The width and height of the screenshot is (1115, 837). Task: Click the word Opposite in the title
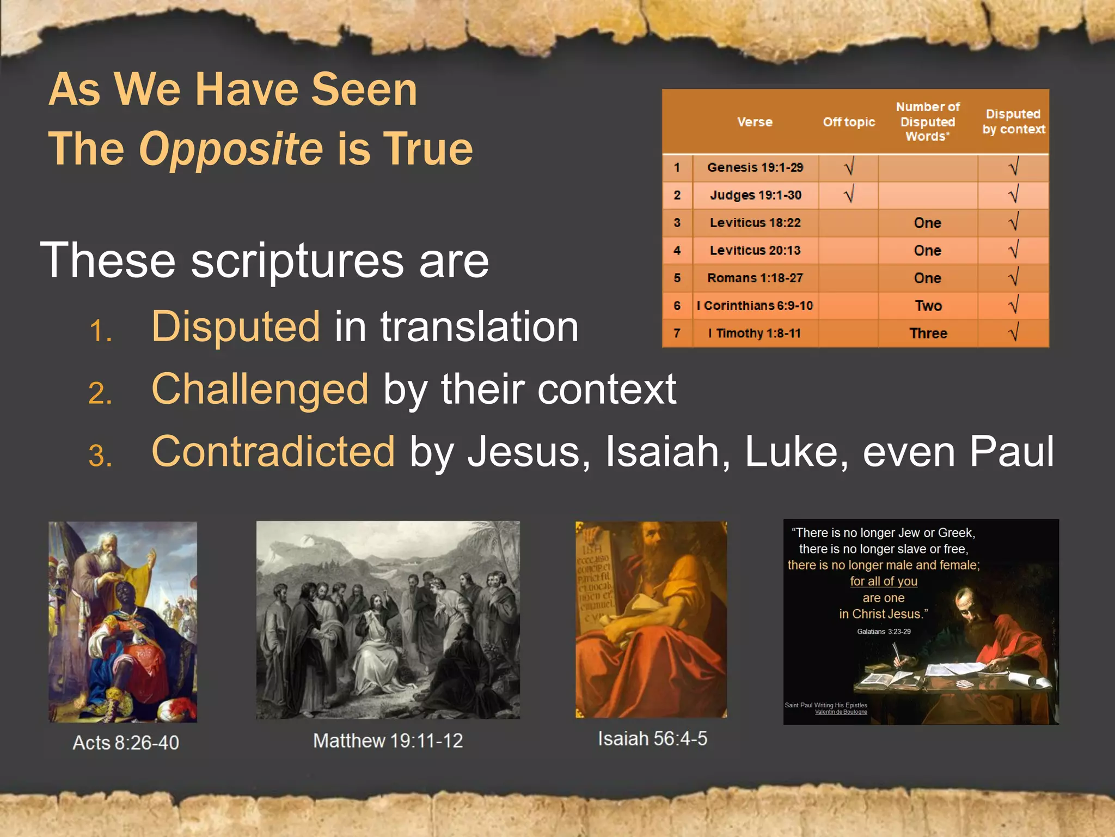[x=231, y=149]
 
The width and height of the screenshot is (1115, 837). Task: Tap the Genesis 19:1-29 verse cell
[x=755, y=168]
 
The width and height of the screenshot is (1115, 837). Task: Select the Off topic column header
[x=849, y=122]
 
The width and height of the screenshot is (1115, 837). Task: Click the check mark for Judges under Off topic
[x=849, y=195]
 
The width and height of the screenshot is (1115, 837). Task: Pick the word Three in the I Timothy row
[x=928, y=333]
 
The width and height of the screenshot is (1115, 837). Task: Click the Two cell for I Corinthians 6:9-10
[x=928, y=306]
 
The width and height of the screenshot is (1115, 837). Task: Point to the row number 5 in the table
[x=677, y=278]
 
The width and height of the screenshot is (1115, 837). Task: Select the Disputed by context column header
[x=1013, y=122]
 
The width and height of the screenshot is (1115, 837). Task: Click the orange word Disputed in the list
[x=236, y=326]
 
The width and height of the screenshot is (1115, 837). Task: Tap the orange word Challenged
[x=260, y=389]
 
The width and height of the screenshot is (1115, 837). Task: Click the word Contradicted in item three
[x=273, y=452]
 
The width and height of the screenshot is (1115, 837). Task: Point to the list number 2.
[x=100, y=393]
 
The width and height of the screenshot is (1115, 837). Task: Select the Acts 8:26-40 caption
[x=126, y=743]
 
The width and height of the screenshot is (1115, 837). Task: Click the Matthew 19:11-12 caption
[x=388, y=741]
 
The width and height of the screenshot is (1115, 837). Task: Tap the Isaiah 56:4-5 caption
[x=652, y=739]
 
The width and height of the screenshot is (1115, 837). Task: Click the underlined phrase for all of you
[x=884, y=581]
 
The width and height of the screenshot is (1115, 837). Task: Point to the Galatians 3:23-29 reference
[x=884, y=632]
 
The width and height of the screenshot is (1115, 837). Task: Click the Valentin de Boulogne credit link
[x=841, y=712]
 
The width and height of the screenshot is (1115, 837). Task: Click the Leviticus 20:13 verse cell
[x=755, y=250]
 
